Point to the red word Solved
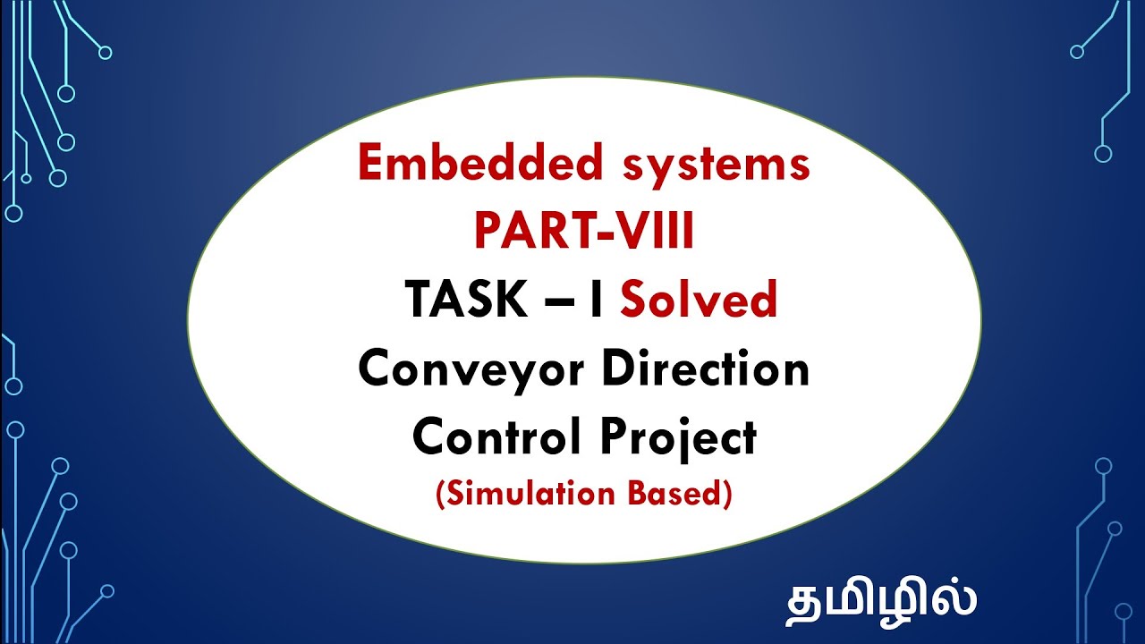(698, 300)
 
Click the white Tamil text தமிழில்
(880, 599)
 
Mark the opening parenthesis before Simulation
(440, 495)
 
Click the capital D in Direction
(617, 368)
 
